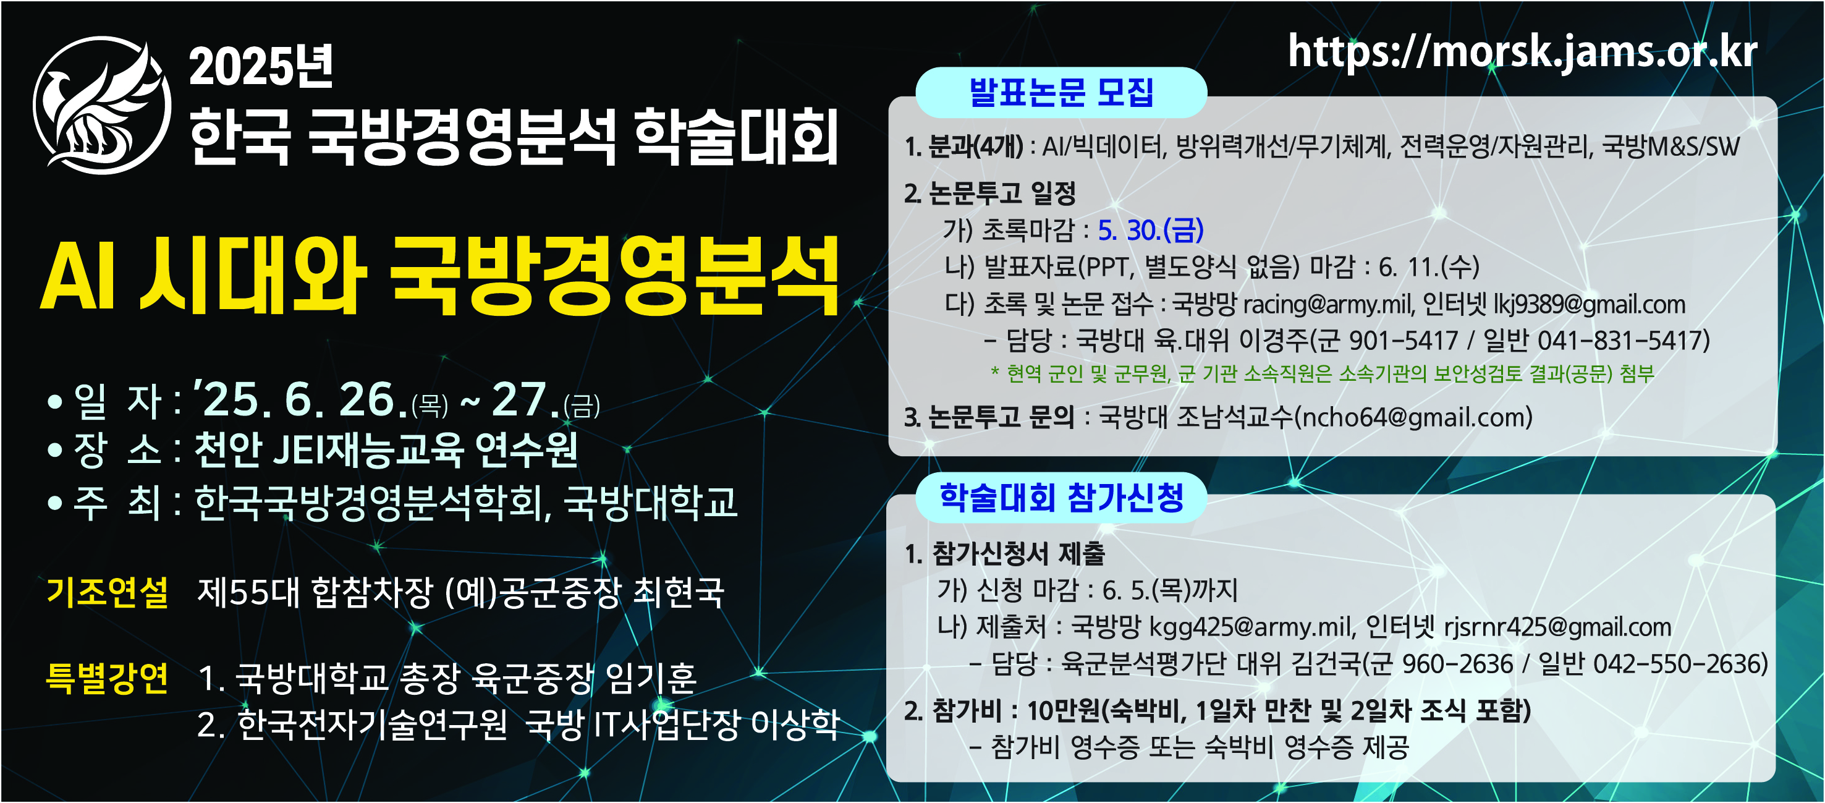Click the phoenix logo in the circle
[102, 105]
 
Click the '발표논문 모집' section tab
[1061, 92]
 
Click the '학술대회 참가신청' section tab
[1061, 497]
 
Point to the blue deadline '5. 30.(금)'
[1151, 229]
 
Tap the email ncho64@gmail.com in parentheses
[1413, 417]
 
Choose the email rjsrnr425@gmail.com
[1557, 627]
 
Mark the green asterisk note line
[1321, 373]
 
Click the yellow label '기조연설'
[107, 592]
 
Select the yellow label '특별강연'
[107, 677]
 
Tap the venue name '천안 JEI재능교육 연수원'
[386, 449]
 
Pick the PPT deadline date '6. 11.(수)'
[1428, 267]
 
